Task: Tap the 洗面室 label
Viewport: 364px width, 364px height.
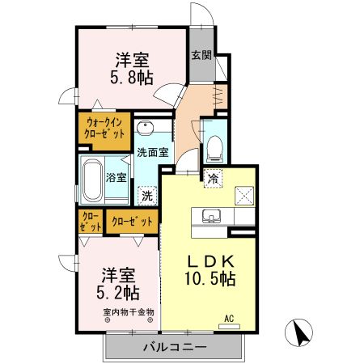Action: (151, 152)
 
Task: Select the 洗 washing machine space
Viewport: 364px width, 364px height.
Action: (146, 195)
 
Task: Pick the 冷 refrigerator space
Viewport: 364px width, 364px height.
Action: (213, 179)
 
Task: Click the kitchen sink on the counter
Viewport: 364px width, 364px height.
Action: (212, 216)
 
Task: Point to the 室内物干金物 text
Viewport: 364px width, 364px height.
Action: (128, 311)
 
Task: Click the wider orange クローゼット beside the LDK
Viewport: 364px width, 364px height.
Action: (131, 221)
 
